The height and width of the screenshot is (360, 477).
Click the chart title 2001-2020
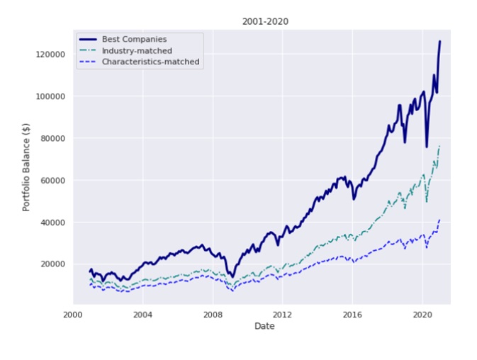pos(264,22)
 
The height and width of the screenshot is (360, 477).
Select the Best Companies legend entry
pos(134,39)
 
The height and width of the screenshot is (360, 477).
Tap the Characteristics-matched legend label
pos(150,62)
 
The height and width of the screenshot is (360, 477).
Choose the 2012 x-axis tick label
pos(282,315)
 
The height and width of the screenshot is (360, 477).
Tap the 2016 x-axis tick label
pos(352,315)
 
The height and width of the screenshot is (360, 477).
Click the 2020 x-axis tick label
pos(422,315)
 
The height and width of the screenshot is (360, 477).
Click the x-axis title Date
pos(264,326)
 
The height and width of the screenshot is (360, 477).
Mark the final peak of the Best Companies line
pos(439,41)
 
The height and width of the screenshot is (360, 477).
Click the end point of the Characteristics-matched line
pos(439,220)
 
